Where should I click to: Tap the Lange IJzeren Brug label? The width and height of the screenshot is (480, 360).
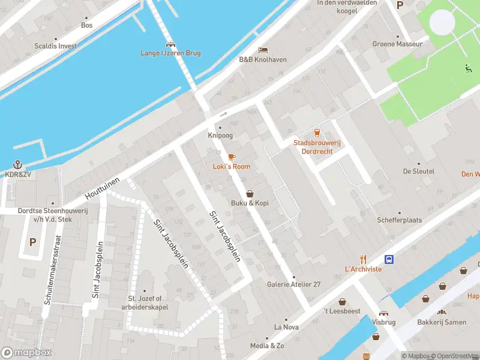click(170, 53)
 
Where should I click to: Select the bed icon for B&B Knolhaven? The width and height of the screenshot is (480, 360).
click(262, 50)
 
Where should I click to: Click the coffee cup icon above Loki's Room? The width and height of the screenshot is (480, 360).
click(232, 157)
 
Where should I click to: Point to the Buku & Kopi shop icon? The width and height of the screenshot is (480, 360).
click(250, 194)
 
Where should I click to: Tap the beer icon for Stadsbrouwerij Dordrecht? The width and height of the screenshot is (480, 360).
click(317, 133)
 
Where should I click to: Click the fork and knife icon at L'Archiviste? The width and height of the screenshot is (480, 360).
click(363, 259)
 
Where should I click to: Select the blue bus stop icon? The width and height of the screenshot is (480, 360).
click(389, 259)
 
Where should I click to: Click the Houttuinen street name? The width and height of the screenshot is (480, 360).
click(103, 188)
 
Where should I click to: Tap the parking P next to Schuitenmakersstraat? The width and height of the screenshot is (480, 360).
click(32, 242)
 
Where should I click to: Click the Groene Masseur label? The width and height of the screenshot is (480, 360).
click(397, 44)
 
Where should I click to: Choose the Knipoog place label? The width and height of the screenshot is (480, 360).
click(220, 136)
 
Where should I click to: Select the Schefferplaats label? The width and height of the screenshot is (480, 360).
click(399, 220)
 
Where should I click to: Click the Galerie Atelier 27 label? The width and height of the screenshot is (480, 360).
click(293, 284)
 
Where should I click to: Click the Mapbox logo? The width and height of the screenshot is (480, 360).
click(26, 353)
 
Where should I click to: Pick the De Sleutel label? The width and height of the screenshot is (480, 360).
click(418, 171)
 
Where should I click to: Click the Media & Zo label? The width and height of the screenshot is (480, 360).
click(267, 346)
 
